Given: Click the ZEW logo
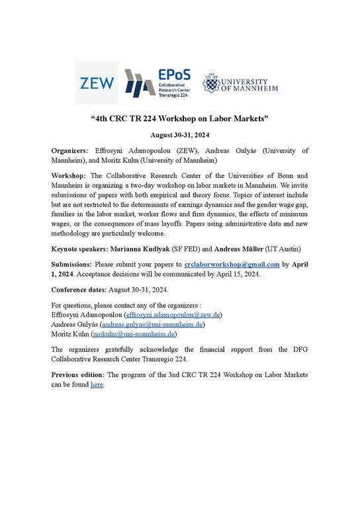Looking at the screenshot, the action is pos(97,83).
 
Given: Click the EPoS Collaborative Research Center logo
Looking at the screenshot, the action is pos(156,84).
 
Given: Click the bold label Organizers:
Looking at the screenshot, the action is pos(73,151).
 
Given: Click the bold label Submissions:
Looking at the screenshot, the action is pos(73,263).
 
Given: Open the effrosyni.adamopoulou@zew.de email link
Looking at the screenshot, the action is pos(172,315).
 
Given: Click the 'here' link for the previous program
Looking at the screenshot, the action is pos(97,384).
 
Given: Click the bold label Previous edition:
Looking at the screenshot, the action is pos(77,375).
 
